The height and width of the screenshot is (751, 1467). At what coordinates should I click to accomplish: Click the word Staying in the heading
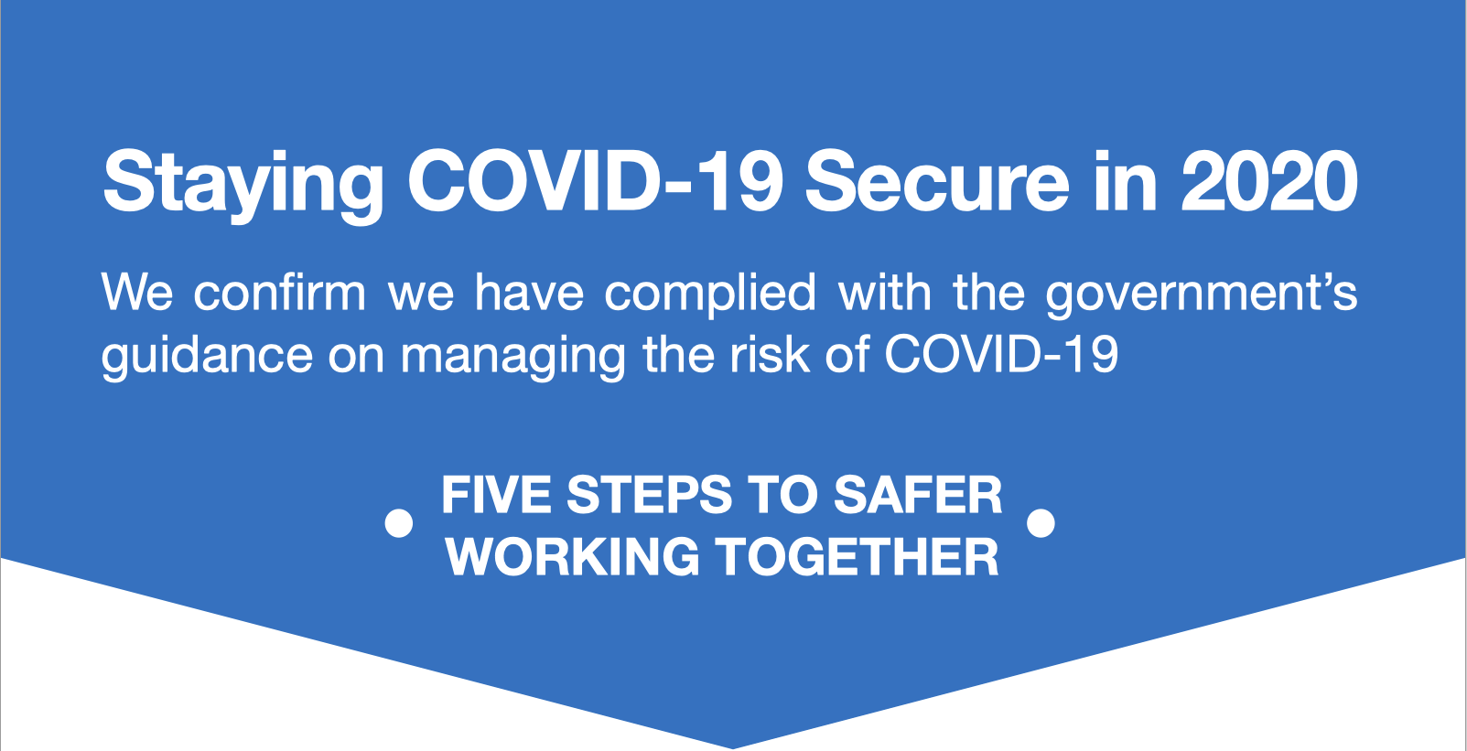(243, 186)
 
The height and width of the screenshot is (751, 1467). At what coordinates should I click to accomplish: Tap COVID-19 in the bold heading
(596, 181)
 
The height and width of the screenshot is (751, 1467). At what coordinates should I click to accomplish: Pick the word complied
(710, 295)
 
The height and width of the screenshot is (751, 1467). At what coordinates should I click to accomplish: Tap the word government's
(1201, 295)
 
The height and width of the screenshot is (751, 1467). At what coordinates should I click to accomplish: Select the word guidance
(208, 358)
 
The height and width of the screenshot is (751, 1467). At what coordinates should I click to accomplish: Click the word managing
(513, 358)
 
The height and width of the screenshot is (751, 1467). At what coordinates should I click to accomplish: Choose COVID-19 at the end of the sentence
(1001, 354)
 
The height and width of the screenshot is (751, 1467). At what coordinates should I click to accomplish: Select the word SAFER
(918, 494)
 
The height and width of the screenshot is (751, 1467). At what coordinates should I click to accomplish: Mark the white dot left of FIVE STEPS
(399, 524)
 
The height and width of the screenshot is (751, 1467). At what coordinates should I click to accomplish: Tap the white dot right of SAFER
(1041, 524)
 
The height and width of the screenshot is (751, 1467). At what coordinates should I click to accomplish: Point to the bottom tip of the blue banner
(733, 748)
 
